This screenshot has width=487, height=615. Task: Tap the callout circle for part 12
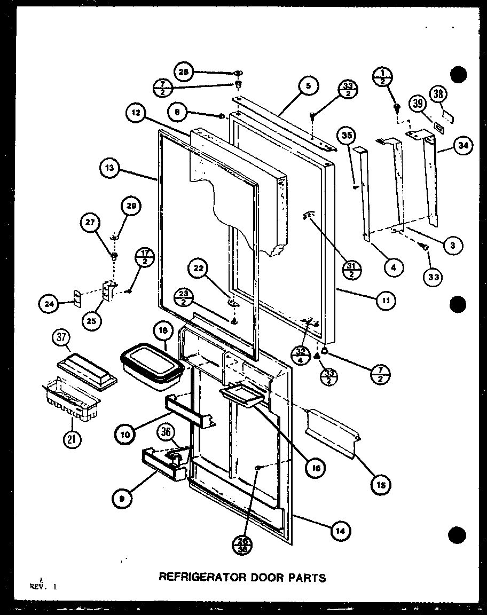click(x=136, y=113)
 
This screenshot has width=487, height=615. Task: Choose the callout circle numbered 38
click(x=438, y=96)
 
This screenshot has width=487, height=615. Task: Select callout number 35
click(x=347, y=136)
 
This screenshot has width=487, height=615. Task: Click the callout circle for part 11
click(x=385, y=301)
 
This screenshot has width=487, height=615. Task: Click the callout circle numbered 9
click(x=123, y=498)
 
